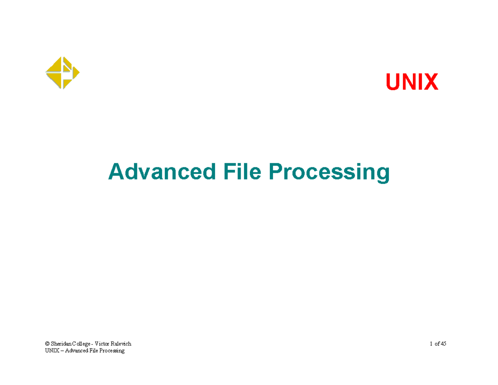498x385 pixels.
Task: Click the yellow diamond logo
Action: [x=62, y=73]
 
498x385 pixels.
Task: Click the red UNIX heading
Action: [x=412, y=82]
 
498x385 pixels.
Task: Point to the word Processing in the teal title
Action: [x=329, y=173]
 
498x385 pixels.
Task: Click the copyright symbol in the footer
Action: [x=47, y=343]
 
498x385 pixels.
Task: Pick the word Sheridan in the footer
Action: [x=61, y=343]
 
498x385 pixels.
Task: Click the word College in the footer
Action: [x=81, y=344]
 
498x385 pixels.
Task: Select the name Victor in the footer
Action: [x=102, y=343]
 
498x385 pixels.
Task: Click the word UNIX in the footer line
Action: [x=52, y=351]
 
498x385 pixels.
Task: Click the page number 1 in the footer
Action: [x=431, y=343]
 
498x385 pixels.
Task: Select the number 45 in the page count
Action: [x=444, y=343]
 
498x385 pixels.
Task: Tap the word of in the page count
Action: [x=437, y=343]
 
